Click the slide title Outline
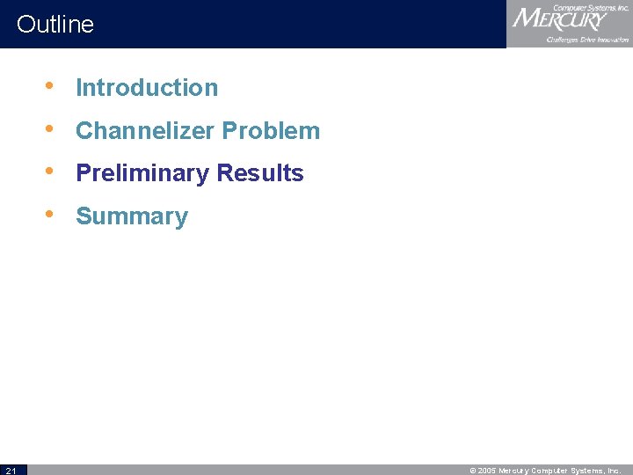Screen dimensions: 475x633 55,24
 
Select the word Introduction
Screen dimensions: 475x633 147,88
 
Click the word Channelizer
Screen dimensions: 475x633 145,131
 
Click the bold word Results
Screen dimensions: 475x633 263,173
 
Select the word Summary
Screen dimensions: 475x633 132,216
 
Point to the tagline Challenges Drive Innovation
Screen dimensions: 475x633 587,40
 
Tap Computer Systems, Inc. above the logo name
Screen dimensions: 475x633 590,7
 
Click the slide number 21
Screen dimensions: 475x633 10,470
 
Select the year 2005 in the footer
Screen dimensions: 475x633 488,471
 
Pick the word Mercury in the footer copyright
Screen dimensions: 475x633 516,471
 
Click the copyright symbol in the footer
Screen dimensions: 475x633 473,471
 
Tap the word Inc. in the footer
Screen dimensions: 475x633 614,471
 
